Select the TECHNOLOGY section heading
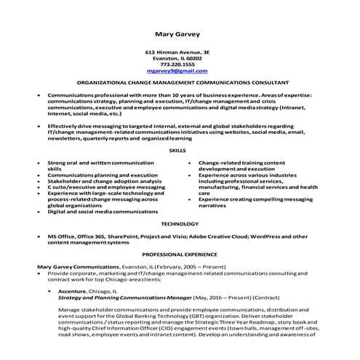click(x=177, y=223)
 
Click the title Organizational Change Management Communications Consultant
click(x=183, y=84)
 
